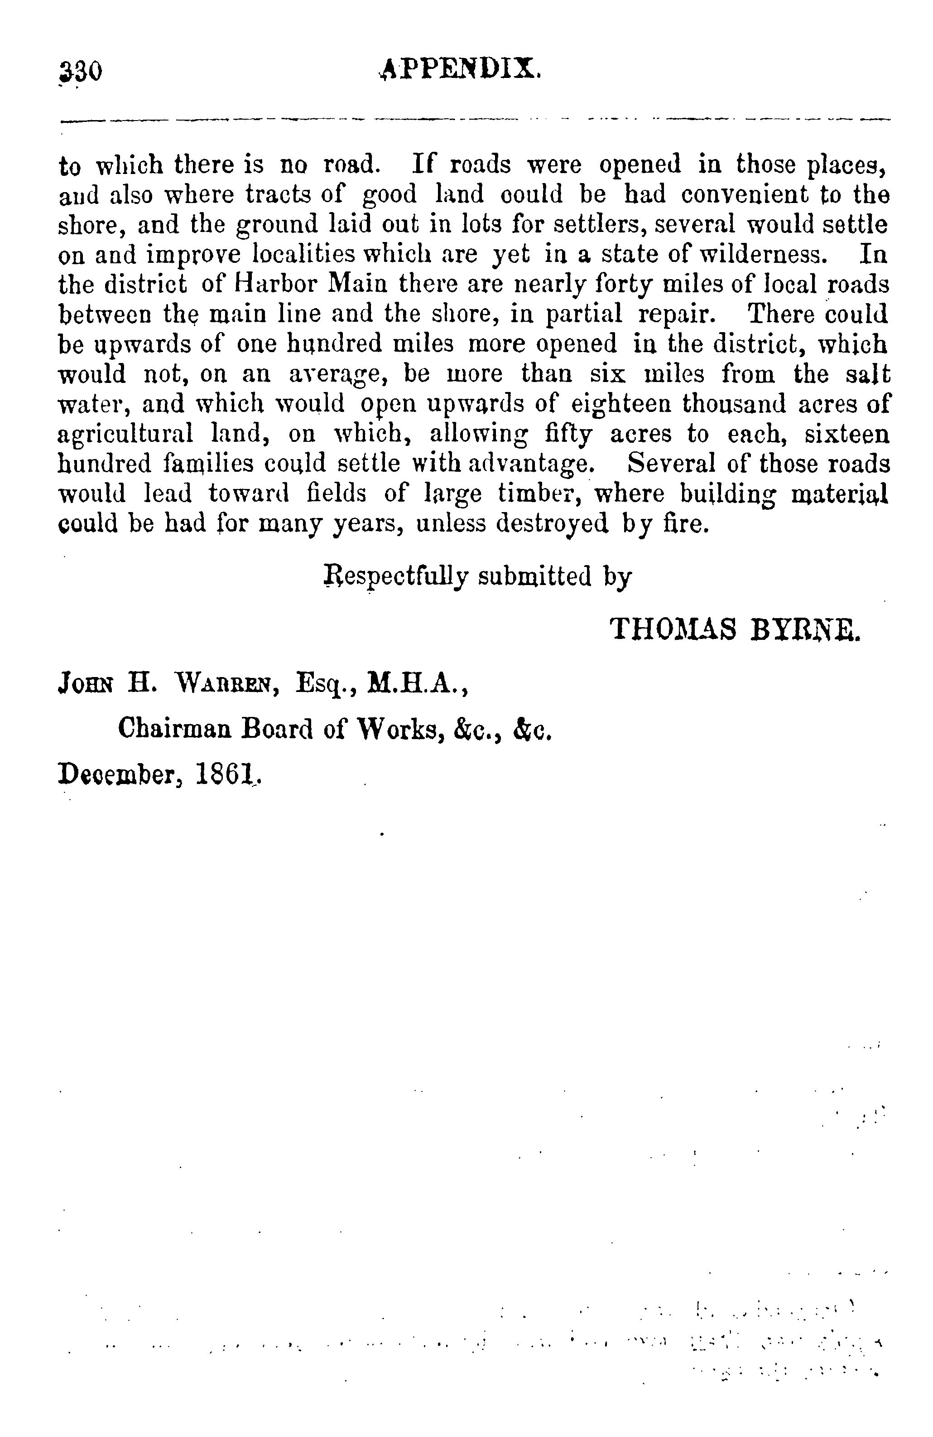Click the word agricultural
pyautogui.click(x=125, y=434)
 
